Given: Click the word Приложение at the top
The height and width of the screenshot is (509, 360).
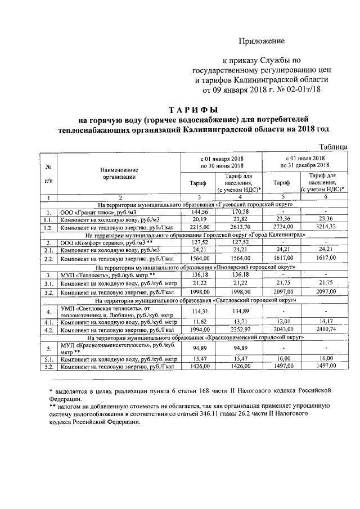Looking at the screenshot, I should [262, 41].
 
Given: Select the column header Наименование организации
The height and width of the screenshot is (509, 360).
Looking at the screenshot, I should [119, 172].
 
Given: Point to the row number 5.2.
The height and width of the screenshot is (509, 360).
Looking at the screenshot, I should [49, 366].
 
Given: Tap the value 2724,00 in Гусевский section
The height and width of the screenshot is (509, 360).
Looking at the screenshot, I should [283, 226].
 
